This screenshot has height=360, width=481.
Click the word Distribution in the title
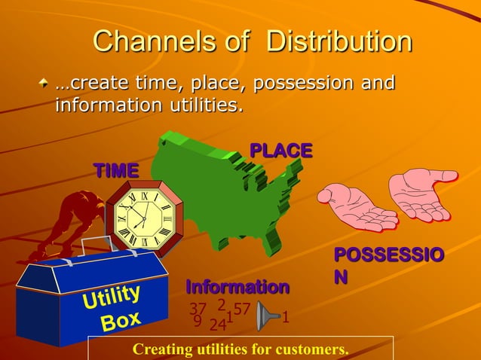point(339,41)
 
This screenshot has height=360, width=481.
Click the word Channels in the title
point(166,41)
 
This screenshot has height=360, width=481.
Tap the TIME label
point(115,171)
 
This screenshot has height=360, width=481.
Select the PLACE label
point(280,151)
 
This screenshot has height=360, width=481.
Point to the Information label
point(237,287)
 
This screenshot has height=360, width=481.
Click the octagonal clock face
point(143,218)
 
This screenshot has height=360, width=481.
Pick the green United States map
point(226,188)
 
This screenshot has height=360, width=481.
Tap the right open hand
point(422,192)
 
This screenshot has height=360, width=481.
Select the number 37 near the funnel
point(198,309)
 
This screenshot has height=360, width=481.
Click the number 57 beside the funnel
point(241,309)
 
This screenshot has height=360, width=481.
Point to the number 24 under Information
point(217,325)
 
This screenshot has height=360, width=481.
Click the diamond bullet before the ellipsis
point(47,83)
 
